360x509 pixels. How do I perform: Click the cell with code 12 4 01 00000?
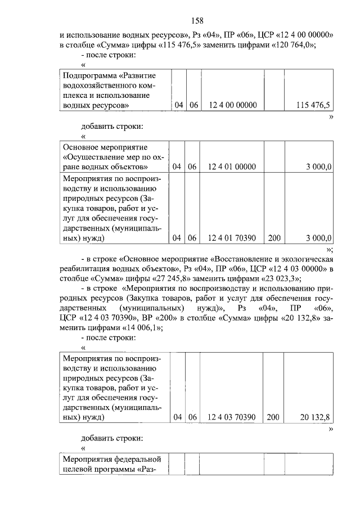(x=232, y=166)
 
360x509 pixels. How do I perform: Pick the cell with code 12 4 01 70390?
(x=232, y=238)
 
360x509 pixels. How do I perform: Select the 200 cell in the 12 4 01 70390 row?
(x=274, y=238)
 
